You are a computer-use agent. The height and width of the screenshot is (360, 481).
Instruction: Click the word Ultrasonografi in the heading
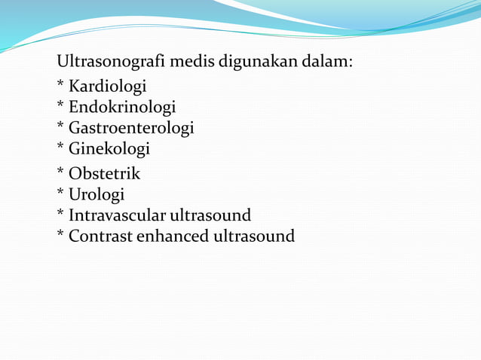coord(111,61)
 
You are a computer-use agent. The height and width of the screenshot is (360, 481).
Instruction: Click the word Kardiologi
coord(107,87)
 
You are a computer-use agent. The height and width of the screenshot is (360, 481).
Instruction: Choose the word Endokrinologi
coord(122,107)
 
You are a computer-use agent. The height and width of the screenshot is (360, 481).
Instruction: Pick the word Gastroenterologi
coord(131,128)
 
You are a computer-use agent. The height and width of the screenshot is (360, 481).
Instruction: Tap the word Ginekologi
coord(109,148)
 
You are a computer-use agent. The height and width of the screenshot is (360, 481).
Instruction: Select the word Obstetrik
coord(105,174)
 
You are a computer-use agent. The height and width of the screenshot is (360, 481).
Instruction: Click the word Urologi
coord(97,194)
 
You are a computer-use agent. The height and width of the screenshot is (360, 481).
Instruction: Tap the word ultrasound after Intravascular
coord(210,215)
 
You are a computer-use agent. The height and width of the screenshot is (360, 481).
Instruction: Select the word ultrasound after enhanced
coord(254,236)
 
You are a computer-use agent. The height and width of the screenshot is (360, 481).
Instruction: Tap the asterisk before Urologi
coord(60,193)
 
